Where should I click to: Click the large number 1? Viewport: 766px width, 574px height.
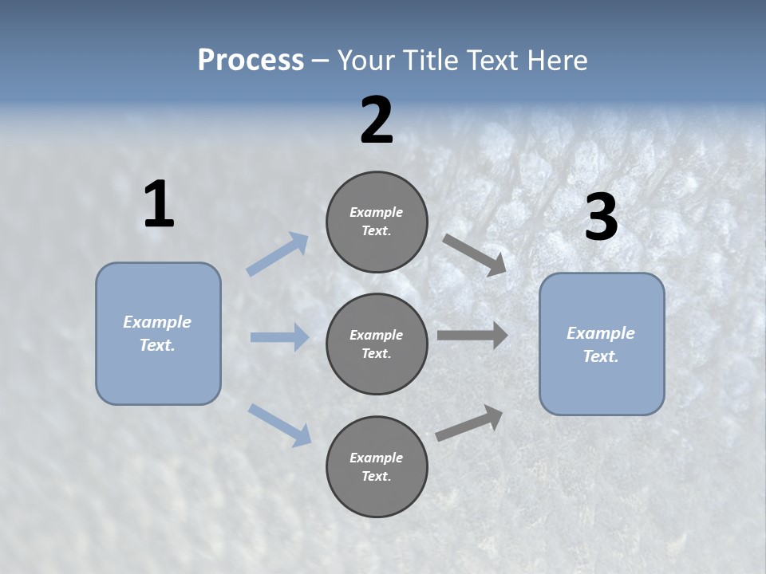click(x=159, y=205)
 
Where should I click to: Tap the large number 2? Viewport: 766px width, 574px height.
click(x=377, y=120)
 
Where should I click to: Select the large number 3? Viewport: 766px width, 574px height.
click(x=601, y=218)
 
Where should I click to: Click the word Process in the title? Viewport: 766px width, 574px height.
click(x=251, y=60)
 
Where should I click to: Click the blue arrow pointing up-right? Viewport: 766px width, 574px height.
click(x=278, y=254)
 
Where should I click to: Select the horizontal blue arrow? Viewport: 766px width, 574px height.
click(x=279, y=337)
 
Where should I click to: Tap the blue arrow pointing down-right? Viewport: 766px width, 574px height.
click(x=279, y=424)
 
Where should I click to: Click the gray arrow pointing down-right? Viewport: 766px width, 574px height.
click(x=475, y=255)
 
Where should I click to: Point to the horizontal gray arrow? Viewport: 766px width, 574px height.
click(x=472, y=336)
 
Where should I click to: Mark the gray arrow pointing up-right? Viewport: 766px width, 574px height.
click(x=469, y=423)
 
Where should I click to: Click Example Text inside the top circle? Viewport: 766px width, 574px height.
click(x=377, y=222)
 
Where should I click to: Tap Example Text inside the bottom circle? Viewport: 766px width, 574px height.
click(x=377, y=467)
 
